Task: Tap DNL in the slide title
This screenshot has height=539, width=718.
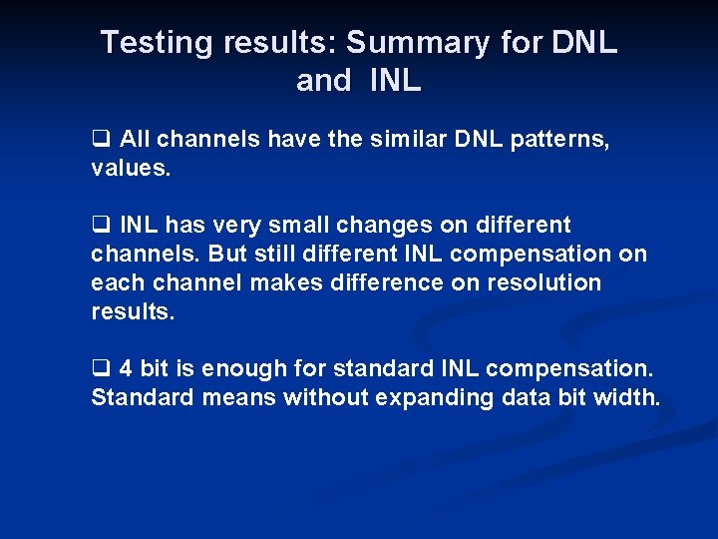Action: [x=584, y=43]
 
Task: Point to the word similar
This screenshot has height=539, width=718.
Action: [x=410, y=140]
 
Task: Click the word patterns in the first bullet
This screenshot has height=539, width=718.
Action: [x=557, y=140]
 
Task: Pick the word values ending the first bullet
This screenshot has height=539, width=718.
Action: [x=131, y=169]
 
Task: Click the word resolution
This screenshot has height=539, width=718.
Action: [x=544, y=283]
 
